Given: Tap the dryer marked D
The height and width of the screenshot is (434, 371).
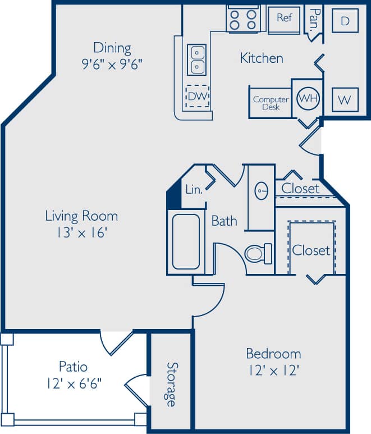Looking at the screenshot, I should click(x=345, y=21).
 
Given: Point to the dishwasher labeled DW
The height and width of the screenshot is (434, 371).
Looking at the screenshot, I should click(x=198, y=96).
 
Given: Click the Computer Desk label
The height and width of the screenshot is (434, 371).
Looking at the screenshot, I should click(x=271, y=103).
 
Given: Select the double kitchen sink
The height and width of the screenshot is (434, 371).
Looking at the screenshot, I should click(x=198, y=59).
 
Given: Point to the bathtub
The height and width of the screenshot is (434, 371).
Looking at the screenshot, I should click(x=186, y=241).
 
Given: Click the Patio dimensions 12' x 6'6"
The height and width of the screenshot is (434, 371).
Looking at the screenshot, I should click(x=74, y=383).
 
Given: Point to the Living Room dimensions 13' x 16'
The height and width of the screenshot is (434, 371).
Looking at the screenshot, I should click(x=81, y=232).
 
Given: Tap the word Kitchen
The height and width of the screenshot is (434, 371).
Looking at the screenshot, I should click(x=262, y=58).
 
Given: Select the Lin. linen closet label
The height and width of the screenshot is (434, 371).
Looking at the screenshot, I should click(x=194, y=190).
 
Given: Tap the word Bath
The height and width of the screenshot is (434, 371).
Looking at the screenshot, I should click(x=224, y=221).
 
